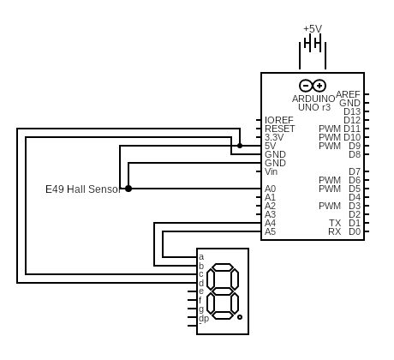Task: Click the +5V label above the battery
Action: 313,28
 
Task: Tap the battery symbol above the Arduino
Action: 313,53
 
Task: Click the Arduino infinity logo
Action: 313,86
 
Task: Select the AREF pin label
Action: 348,94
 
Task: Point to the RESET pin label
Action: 279,129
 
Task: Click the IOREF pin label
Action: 279,120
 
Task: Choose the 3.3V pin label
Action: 274,137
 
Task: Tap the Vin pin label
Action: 271,171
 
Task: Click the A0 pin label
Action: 270,189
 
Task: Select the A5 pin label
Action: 270,231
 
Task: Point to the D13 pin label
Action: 352,111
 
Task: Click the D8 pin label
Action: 355,154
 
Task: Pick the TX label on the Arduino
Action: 335,223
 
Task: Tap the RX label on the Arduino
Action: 335,231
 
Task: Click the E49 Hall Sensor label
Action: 82,189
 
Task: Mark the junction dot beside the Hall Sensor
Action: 128,189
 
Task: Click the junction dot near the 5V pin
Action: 240,146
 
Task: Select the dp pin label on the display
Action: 204,318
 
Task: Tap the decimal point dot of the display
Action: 240,318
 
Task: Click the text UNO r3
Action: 313,107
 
